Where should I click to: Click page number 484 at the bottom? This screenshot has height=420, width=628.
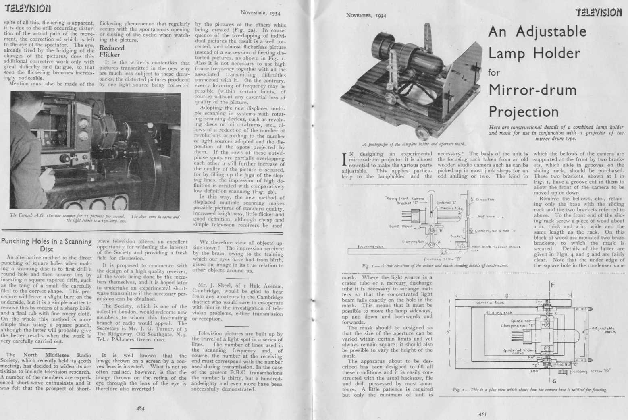pos(140,408)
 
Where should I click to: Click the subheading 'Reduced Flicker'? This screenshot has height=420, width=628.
pos(112,51)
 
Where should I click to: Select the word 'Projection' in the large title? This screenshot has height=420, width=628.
pos(524,111)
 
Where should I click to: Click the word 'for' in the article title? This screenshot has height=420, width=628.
pos(494,73)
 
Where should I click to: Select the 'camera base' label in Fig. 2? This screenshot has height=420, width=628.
pos(490,302)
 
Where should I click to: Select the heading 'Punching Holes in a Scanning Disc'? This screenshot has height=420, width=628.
pos(46,245)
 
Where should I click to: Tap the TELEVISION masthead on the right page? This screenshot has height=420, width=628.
pos(599,12)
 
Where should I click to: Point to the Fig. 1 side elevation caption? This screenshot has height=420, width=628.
pos(435,266)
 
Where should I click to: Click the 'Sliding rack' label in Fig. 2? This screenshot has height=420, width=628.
pos(499,312)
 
